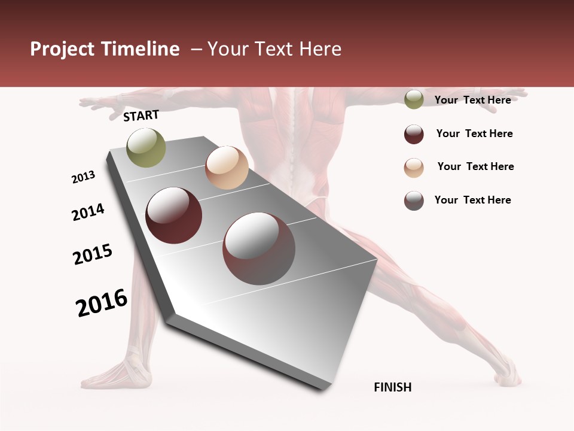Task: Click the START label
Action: tap(141, 116)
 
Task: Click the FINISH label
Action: tap(392, 387)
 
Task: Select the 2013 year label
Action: tap(83, 177)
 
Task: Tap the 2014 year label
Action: tap(88, 212)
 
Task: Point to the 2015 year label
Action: tap(93, 254)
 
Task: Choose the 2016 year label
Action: tap(102, 302)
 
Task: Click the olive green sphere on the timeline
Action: tap(146, 147)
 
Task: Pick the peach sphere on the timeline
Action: tap(227, 168)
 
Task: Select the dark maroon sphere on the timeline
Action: tap(174, 215)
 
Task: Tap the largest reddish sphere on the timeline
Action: tap(255, 248)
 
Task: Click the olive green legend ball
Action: tap(414, 100)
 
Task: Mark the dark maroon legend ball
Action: tap(414, 134)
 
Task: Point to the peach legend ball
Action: tap(414, 168)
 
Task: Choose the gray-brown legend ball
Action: tap(414, 201)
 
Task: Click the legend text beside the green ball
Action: tap(472, 100)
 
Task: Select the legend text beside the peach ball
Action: tap(475, 166)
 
